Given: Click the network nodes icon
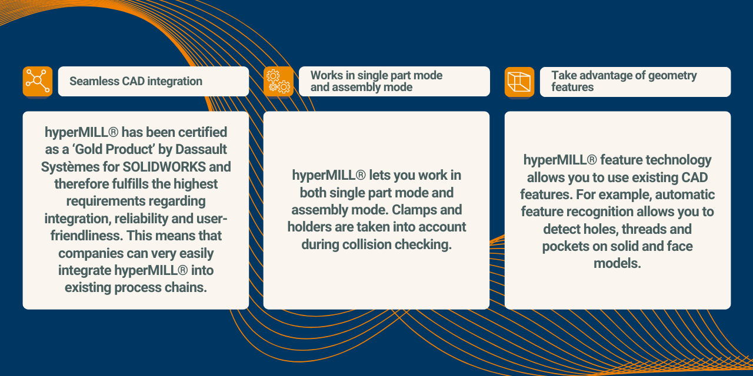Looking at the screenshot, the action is [38, 81].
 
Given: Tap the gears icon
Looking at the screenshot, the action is [278, 82].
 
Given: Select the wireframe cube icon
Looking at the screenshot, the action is [519, 82].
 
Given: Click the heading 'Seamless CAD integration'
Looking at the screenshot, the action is [136, 81].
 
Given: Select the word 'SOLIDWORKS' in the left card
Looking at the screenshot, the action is [164, 167].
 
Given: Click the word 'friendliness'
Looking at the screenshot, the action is [86, 236].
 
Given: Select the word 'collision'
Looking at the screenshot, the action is [366, 244].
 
